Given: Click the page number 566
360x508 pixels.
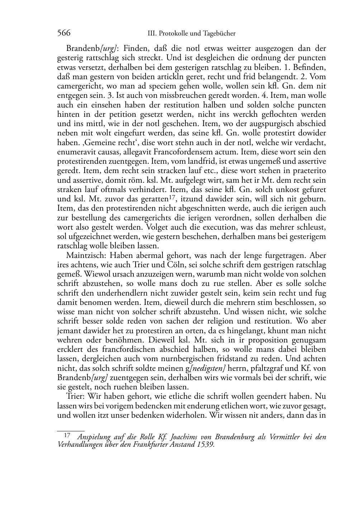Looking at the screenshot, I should (63, 33).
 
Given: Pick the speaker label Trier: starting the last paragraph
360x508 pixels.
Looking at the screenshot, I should (76, 397).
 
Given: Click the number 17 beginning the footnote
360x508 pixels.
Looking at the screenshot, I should (67, 436).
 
